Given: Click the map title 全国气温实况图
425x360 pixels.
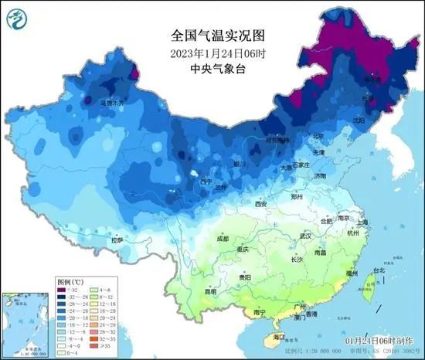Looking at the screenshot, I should [x=212, y=35].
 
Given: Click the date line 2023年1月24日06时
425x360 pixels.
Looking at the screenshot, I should [x=212, y=53].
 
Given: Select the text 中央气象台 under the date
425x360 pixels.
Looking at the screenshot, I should [x=212, y=68].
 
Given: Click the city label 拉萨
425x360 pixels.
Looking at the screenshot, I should [x=117, y=240].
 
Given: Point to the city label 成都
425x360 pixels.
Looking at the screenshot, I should [x=223, y=239].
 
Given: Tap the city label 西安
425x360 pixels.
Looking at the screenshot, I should [x=260, y=204].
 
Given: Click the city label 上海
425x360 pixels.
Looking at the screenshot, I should [x=363, y=222].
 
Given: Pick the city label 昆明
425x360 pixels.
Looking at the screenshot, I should [x=211, y=292].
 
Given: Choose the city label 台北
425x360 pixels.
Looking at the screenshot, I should [x=377, y=270].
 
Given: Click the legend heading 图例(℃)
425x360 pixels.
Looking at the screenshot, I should [x=70, y=283].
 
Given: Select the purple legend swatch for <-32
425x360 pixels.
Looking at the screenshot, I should [x=62, y=290].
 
